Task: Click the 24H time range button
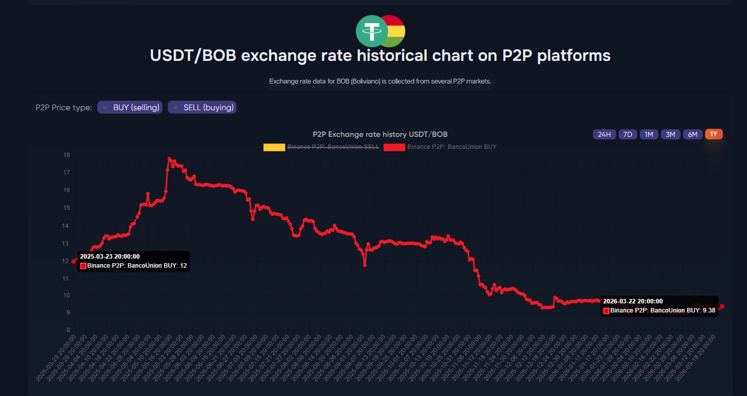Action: pyautogui.click(x=604, y=134)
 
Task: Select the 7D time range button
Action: pyautogui.click(x=628, y=134)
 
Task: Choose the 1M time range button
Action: pyautogui.click(x=649, y=134)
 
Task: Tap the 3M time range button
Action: pyautogui.click(x=670, y=134)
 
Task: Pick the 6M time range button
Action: pyautogui.click(x=693, y=134)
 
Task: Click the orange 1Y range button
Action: pyautogui.click(x=714, y=134)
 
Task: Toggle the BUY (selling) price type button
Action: pyautogui.click(x=130, y=107)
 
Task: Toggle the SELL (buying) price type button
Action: pyautogui.click(x=202, y=107)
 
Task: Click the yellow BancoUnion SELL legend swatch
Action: pyautogui.click(x=274, y=147)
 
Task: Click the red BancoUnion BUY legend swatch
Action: pyautogui.click(x=394, y=147)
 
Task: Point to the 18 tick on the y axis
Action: pyautogui.click(x=66, y=155)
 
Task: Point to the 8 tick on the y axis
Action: pyautogui.click(x=67, y=331)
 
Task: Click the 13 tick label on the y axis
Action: pyautogui.click(x=66, y=243)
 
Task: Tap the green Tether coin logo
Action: pyautogui.click(x=371, y=31)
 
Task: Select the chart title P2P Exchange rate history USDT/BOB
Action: pyautogui.click(x=380, y=134)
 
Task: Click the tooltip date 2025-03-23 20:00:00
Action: pyautogui.click(x=110, y=257)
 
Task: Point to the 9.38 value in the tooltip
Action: pyautogui.click(x=709, y=310)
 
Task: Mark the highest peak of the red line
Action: pyautogui.click(x=170, y=159)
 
